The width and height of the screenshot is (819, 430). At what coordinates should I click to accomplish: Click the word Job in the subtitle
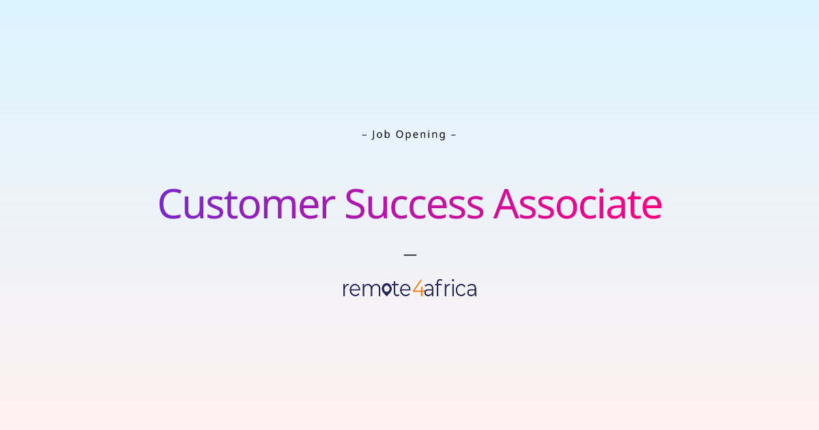[381, 134]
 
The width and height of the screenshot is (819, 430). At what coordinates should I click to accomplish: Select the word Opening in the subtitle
[421, 134]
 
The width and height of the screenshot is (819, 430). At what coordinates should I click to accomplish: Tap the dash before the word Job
[364, 134]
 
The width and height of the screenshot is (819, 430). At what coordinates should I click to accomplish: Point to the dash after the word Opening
[453, 134]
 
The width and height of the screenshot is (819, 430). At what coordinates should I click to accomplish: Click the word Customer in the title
[246, 204]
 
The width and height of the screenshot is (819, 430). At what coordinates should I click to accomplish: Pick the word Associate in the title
[577, 204]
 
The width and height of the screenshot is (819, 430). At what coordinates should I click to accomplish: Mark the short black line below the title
[409, 255]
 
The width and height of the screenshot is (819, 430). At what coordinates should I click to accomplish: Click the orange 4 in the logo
[418, 289]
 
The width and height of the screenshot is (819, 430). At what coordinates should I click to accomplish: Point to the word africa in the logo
[450, 289]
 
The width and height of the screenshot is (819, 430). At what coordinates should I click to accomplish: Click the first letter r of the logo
[345, 290]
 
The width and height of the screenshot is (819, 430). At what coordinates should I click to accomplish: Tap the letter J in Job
[374, 134]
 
